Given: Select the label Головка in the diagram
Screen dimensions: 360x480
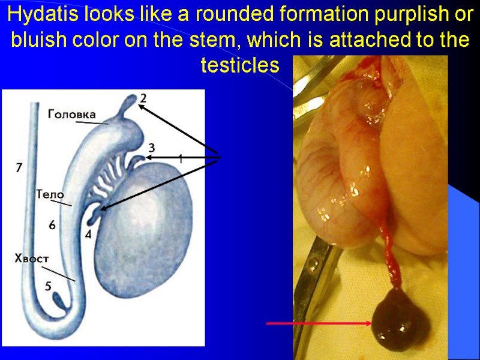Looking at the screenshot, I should (71, 112).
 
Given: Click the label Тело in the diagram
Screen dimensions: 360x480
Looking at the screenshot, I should (50, 194).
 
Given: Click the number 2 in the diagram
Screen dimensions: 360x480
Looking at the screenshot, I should (143, 97).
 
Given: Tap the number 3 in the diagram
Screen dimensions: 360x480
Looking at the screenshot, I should (152, 147).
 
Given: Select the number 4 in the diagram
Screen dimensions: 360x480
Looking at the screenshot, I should (89, 235).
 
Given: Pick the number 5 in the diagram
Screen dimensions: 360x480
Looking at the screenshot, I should (48, 286).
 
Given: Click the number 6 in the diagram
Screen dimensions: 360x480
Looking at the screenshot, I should (52, 224).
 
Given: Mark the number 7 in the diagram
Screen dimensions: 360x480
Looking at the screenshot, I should (19, 168).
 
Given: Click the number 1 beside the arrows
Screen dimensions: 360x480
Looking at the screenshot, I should (180, 158).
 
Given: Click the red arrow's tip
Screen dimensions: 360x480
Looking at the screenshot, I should (371, 324).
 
